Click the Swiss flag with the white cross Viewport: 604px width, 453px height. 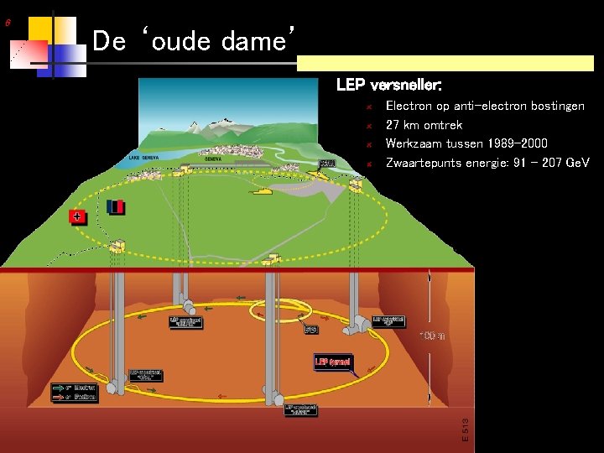(x=77, y=216)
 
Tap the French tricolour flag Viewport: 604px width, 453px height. (x=116, y=206)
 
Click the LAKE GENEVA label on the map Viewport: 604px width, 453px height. (x=144, y=157)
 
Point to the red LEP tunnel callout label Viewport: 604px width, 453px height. (x=334, y=362)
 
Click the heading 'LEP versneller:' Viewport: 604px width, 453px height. (x=388, y=85)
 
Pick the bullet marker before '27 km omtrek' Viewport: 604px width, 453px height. (x=368, y=126)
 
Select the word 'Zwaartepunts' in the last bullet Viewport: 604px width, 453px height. (x=423, y=162)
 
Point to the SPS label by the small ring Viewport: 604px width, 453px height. (x=310, y=330)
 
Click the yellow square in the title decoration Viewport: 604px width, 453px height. (x=37, y=28)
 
